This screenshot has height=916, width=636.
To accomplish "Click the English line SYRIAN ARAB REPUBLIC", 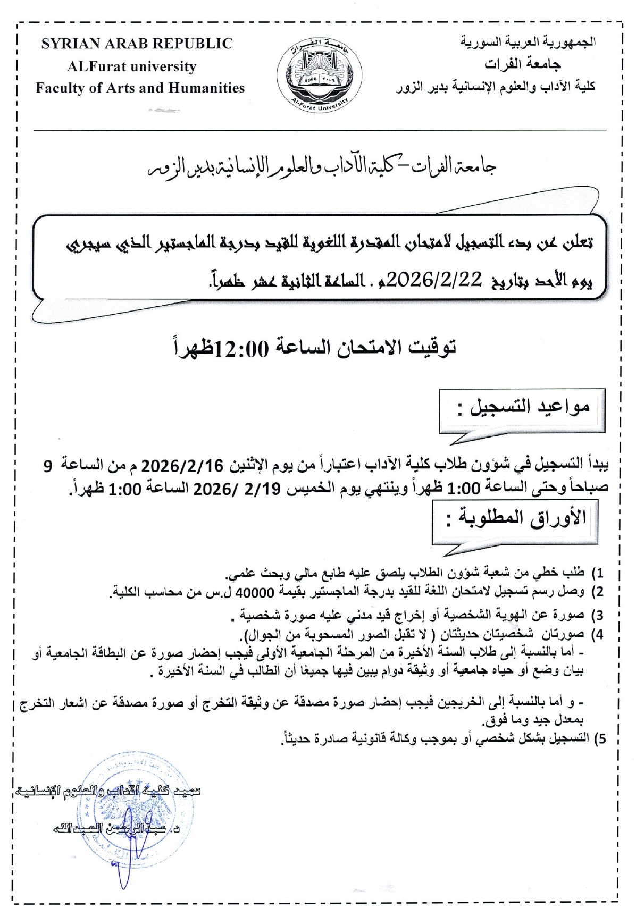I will click(137, 44).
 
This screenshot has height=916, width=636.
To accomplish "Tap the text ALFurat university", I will click(131, 67).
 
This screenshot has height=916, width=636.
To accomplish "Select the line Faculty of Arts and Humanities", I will click(140, 88).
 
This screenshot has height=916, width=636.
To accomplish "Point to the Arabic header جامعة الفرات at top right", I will click(523, 65).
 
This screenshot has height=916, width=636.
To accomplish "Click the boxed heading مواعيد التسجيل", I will click(523, 408).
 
